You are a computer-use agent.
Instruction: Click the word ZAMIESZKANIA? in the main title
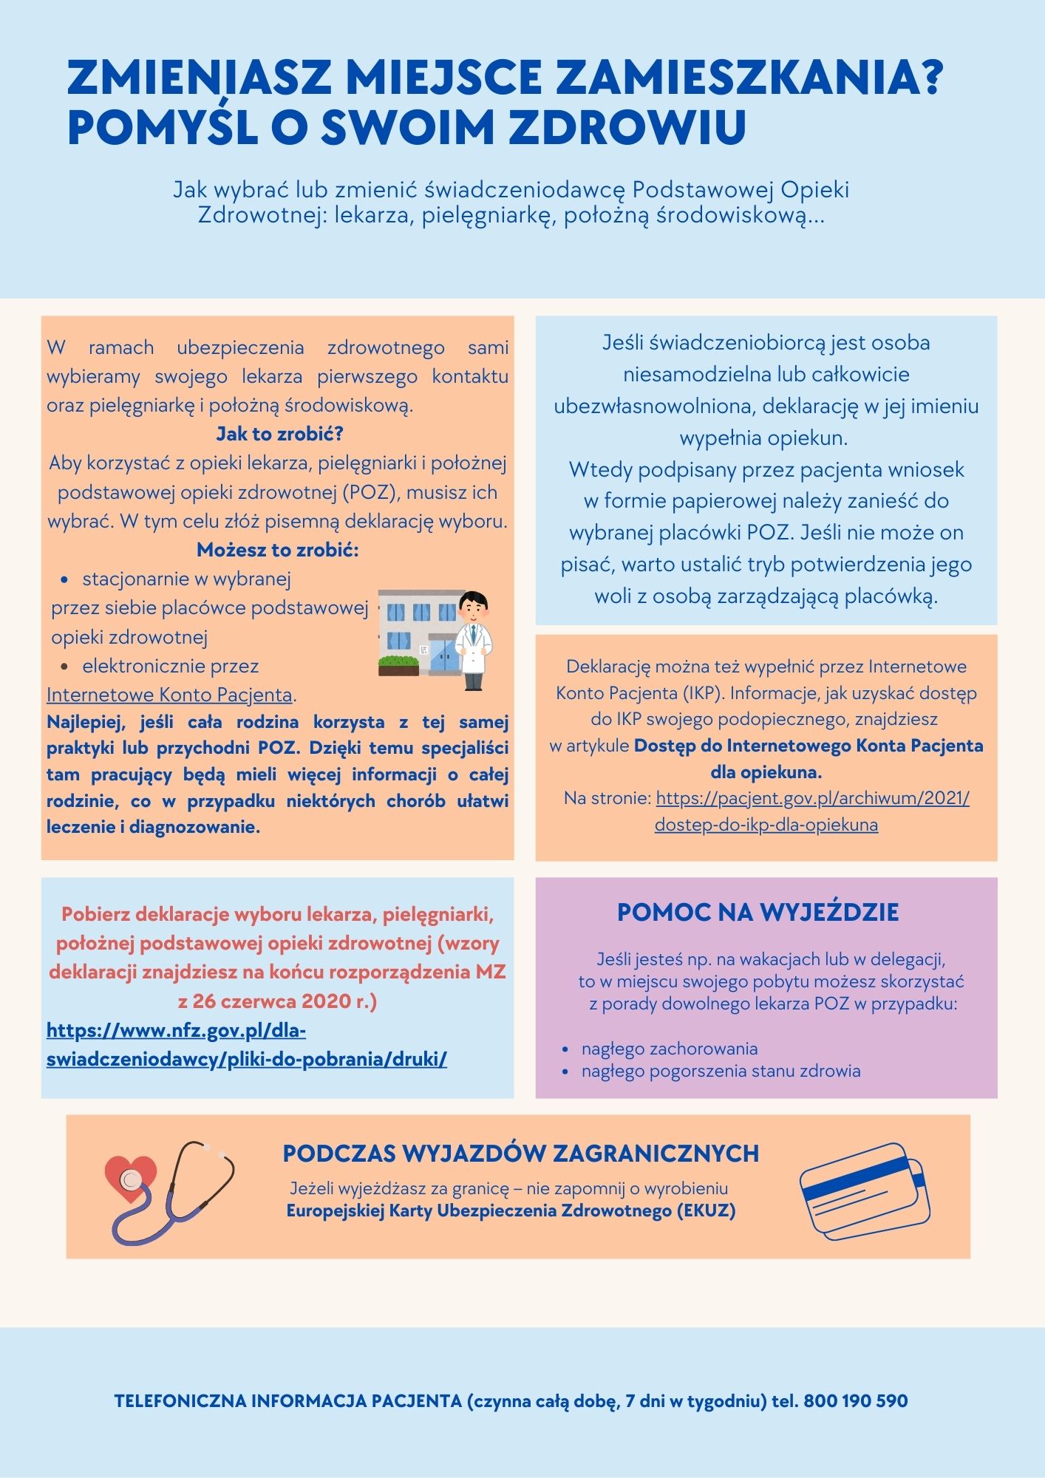click(749, 77)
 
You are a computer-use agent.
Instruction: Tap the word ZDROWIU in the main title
click(627, 126)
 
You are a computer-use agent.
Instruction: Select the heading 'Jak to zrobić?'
click(279, 434)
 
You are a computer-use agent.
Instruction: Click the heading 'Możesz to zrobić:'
click(277, 550)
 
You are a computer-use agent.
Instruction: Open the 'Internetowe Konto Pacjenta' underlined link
click(169, 695)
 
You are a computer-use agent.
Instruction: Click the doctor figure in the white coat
click(472, 639)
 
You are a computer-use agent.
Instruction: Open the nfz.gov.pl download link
click(246, 1044)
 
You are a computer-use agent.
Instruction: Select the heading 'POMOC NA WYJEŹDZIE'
click(758, 913)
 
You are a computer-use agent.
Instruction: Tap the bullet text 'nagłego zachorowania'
click(670, 1049)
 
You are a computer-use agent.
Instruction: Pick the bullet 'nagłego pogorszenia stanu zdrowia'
click(721, 1071)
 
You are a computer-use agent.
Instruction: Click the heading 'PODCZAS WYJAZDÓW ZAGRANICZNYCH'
click(520, 1154)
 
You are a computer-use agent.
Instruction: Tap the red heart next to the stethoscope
click(130, 1176)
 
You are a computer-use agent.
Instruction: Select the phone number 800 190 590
click(855, 1401)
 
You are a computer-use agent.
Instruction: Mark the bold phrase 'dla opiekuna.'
click(766, 772)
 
